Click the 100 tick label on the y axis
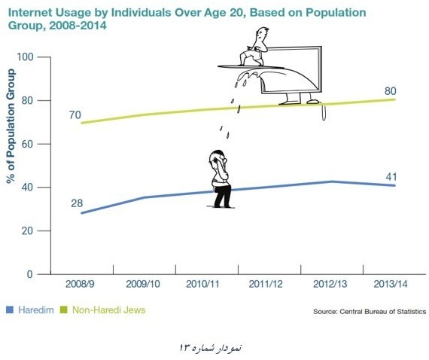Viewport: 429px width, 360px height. (25, 57)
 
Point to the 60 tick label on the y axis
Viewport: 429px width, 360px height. (27, 144)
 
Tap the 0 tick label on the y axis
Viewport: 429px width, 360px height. (30, 274)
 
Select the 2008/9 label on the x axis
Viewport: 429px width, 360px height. (80, 284)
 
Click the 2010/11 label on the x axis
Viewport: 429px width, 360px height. (202, 284)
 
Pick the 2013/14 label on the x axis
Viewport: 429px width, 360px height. (391, 284)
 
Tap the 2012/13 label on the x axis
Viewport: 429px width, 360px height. (330, 284)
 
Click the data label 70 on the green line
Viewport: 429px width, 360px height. (75, 115)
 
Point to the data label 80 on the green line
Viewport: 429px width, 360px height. (391, 91)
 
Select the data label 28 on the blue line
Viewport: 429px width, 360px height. (77, 203)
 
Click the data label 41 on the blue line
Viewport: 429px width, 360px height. (391, 177)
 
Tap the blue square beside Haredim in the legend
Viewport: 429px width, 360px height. (10, 310)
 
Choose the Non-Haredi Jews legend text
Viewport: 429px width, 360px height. (108, 310)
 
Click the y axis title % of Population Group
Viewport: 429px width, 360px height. (11, 126)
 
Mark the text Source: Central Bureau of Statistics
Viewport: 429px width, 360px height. (370, 312)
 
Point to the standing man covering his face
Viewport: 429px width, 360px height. (221, 179)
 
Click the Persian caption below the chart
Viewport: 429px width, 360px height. (211, 348)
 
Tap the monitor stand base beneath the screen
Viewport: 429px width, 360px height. (299, 102)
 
